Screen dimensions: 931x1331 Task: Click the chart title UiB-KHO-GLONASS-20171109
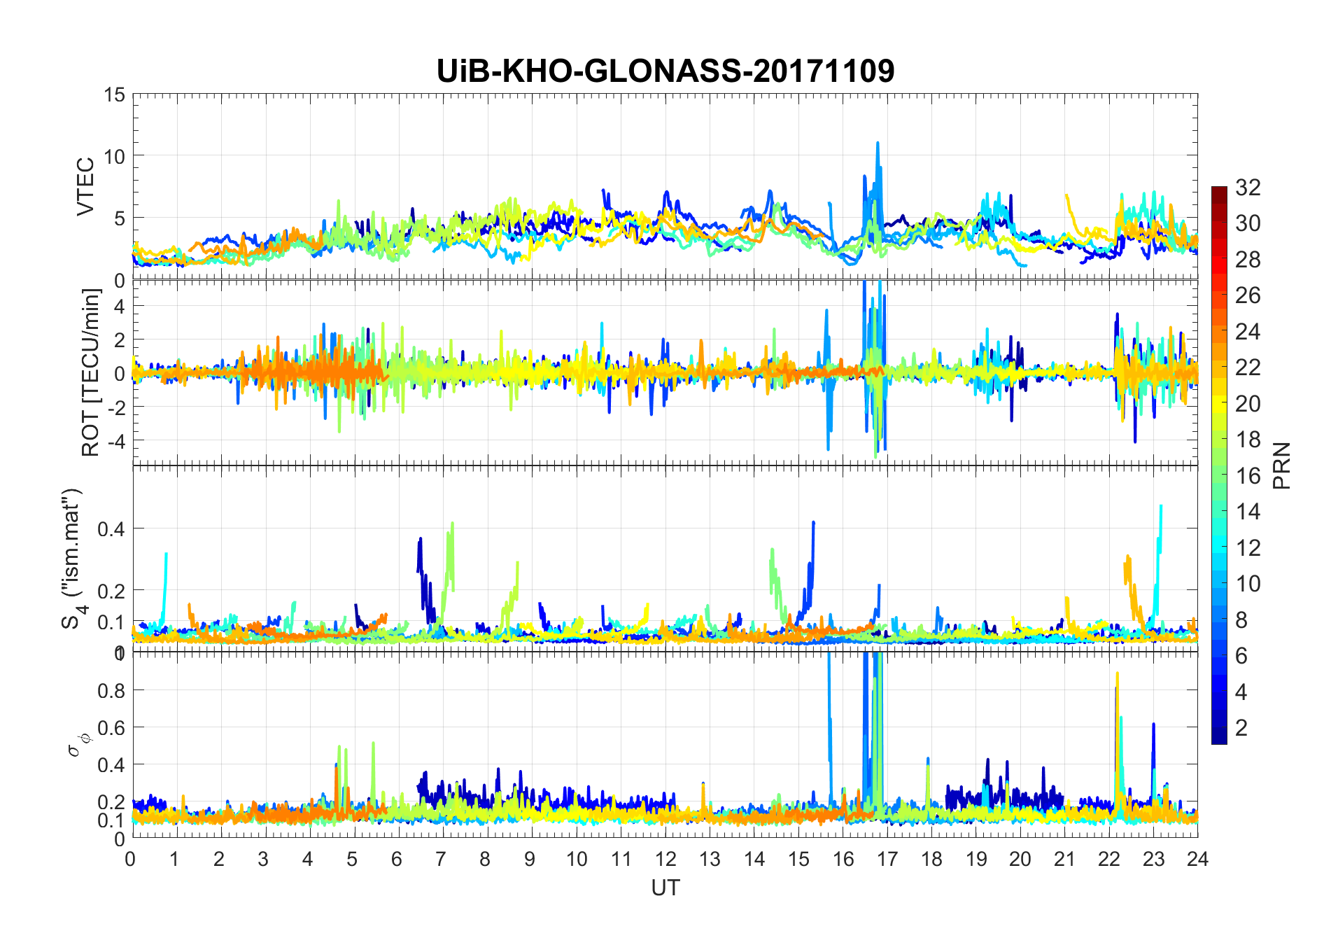(x=665, y=71)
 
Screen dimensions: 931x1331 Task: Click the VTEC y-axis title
(x=85, y=187)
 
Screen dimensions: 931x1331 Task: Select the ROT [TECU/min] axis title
(x=90, y=372)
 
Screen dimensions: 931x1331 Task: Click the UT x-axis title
(x=665, y=888)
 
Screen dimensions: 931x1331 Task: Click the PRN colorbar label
(x=1282, y=465)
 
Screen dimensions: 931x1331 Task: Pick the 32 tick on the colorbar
(x=1248, y=188)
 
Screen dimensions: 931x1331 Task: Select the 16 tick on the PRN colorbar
(x=1248, y=476)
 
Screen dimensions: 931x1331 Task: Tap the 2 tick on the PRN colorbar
(x=1241, y=728)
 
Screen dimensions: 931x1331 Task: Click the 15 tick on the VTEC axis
(x=115, y=94)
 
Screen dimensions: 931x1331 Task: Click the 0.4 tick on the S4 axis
(x=111, y=528)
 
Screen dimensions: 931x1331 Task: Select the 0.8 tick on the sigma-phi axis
(x=111, y=691)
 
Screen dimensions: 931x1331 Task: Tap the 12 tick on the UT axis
(x=665, y=859)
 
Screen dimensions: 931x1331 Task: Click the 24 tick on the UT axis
(x=1197, y=859)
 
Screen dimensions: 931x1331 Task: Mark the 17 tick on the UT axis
(x=887, y=859)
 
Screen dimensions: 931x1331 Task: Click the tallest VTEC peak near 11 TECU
(x=878, y=143)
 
